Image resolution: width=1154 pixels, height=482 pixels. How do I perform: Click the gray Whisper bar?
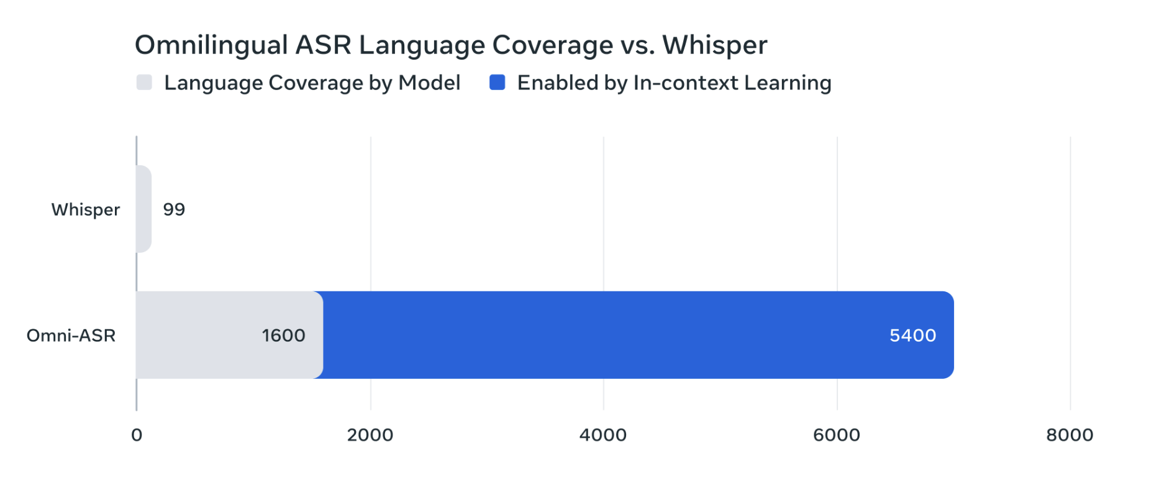[143, 209]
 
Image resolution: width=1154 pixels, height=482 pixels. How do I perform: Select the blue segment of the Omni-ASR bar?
[638, 335]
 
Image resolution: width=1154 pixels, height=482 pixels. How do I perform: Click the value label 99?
[174, 209]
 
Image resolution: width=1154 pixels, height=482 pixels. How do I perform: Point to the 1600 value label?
[283, 335]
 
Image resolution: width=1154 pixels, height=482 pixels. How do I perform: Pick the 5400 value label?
[912, 335]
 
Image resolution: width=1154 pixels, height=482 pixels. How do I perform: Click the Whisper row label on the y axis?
[86, 210]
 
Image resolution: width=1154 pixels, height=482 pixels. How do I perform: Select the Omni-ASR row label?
[71, 335]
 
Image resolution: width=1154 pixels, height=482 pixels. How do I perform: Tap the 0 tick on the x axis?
[137, 435]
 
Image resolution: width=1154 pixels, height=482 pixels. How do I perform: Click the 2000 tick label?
[370, 435]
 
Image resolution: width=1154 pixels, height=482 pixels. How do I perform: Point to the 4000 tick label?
[603, 435]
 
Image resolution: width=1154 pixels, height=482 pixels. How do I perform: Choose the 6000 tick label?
[837, 435]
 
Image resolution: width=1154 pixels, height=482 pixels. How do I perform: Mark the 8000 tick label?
[1070, 435]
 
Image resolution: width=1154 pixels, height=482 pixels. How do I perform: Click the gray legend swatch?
[144, 83]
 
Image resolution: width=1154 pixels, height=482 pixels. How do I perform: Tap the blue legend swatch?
[497, 83]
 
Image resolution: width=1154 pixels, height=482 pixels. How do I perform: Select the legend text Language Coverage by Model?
[312, 83]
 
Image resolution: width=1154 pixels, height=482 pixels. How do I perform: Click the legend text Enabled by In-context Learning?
[674, 83]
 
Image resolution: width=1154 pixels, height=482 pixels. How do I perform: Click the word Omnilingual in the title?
[211, 45]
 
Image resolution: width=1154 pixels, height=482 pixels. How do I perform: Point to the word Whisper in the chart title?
[715, 45]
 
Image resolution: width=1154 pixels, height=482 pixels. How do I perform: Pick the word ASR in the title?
[324, 45]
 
